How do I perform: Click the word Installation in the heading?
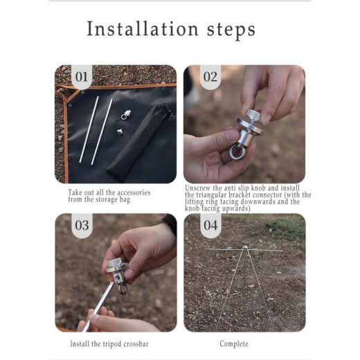pos(143,29)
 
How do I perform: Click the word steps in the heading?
pos(231,30)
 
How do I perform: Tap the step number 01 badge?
pos(82,77)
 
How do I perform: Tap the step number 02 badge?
pos(210,77)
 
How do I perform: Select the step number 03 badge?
pos(82,225)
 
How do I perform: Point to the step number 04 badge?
pos(210,225)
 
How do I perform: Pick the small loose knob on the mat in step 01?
pos(120,132)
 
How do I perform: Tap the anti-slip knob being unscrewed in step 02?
pos(253,116)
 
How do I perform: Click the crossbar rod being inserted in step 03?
pos(98,307)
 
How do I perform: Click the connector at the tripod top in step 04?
pos(245,248)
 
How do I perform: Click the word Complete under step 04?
pos(234,344)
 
